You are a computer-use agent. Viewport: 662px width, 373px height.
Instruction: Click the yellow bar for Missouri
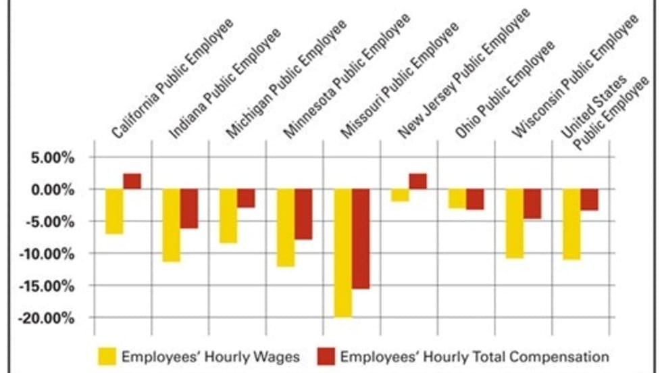pyautogui.click(x=343, y=253)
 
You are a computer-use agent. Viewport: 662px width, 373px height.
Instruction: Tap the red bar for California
pyautogui.click(x=132, y=181)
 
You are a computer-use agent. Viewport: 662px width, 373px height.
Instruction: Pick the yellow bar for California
pyautogui.click(x=114, y=212)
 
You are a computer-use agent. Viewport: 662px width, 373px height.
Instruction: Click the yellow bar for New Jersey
pyautogui.click(x=400, y=195)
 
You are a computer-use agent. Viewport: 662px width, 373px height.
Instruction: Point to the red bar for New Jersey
pyautogui.click(x=418, y=181)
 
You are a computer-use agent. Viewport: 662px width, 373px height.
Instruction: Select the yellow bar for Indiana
pyautogui.click(x=171, y=225)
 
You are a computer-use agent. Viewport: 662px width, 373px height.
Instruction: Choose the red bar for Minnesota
pyautogui.click(x=303, y=214)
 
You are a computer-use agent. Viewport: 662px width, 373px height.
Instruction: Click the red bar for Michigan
pyautogui.click(x=246, y=198)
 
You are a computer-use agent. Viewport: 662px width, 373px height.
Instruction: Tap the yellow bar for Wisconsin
pyautogui.click(x=515, y=224)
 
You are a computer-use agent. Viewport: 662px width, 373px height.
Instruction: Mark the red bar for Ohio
pyautogui.click(x=475, y=199)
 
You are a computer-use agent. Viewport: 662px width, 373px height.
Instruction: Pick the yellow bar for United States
pyautogui.click(x=571, y=224)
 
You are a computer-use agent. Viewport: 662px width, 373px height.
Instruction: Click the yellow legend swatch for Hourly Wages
pyautogui.click(x=107, y=356)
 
